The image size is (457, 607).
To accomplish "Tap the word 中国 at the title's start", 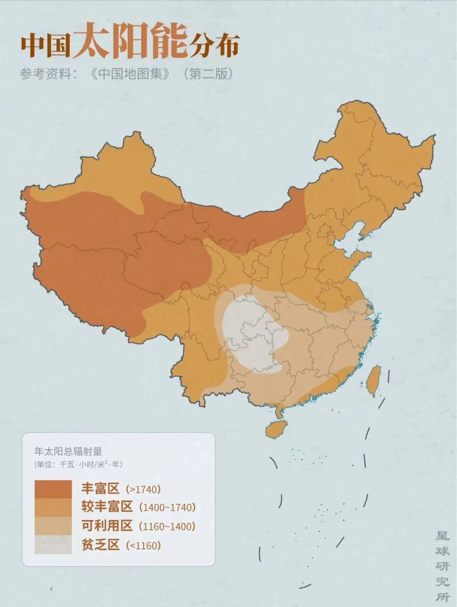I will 46,45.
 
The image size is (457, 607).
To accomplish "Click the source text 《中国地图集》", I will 131,74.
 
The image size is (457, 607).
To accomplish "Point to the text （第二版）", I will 208,74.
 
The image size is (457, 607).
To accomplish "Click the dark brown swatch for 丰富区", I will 53,489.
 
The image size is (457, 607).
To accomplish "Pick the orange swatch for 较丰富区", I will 53,507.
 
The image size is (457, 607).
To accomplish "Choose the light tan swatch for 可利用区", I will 53,526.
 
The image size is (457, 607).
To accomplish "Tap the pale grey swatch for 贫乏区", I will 53,544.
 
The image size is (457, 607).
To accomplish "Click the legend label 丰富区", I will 100,489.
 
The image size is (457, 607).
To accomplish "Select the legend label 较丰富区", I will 107,507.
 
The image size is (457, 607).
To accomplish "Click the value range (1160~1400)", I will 167,527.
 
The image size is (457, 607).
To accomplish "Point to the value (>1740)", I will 144,489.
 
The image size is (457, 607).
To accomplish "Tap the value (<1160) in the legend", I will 144,545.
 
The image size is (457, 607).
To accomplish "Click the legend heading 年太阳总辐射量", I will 68,451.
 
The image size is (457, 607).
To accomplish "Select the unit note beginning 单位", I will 79,464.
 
